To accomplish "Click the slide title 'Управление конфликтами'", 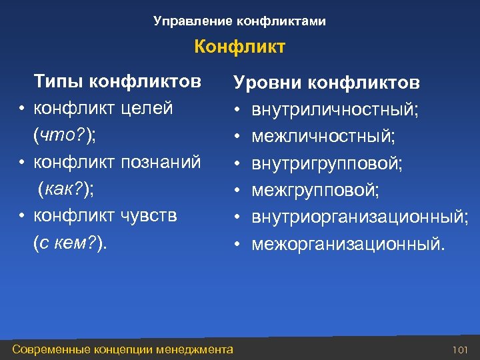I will pyautogui.click(x=239, y=21).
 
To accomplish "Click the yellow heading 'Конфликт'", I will pyautogui.click(x=239, y=47).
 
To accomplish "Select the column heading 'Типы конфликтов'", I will pyautogui.click(x=117, y=81).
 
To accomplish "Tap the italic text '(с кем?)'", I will pyautogui.click(x=70, y=243).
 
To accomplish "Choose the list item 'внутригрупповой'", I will pyautogui.click(x=326, y=164).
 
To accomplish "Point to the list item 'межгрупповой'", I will pyautogui.click(x=315, y=191).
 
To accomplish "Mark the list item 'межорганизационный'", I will pyautogui.click(x=346, y=244).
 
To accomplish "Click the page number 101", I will pyautogui.click(x=460, y=349).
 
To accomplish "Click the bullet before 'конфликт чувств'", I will pyautogui.click(x=22, y=216).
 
